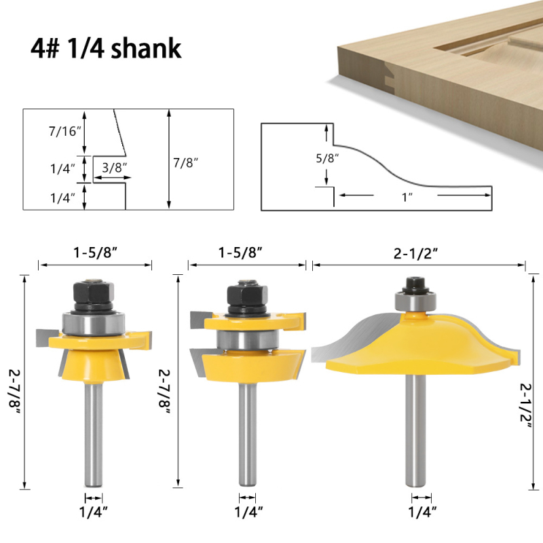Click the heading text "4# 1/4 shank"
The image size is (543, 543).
pyautogui.click(x=106, y=48)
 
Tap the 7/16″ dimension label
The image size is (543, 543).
pyautogui.click(x=64, y=131)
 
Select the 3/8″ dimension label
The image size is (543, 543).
pyautogui.click(x=115, y=168)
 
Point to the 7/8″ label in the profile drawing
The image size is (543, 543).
pyautogui.click(x=186, y=162)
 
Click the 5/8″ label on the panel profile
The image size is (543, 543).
pyautogui.click(x=327, y=158)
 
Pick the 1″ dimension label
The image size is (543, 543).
pyautogui.click(x=407, y=198)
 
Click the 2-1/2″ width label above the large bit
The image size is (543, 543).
pyautogui.click(x=416, y=254)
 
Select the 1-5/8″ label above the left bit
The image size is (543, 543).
pyautogui.click(x=95, y=252)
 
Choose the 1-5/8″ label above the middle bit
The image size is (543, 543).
pyautogui.click(x=240, y=252)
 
